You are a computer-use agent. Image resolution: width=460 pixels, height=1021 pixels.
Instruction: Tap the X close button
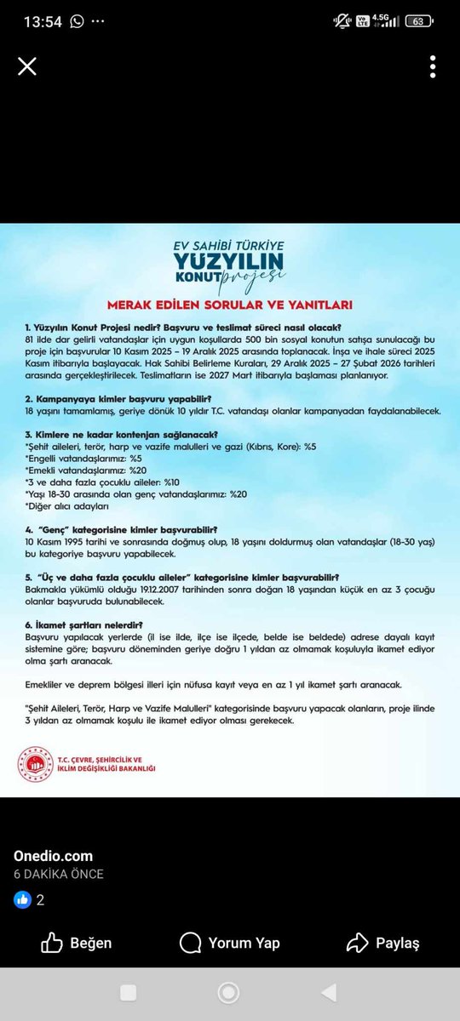point(27,66)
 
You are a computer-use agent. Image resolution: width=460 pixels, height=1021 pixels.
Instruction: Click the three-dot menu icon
point(433,66)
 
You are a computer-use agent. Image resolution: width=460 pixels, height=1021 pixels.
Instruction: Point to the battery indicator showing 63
point(419,21)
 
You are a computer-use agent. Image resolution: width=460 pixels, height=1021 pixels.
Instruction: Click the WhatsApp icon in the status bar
point(78,21)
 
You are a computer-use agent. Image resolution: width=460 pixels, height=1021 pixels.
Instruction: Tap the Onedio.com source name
point(53,856)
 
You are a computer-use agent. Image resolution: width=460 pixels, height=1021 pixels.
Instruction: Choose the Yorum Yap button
point(230,943)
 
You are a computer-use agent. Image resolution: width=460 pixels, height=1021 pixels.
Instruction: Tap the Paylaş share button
point(383,943)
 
